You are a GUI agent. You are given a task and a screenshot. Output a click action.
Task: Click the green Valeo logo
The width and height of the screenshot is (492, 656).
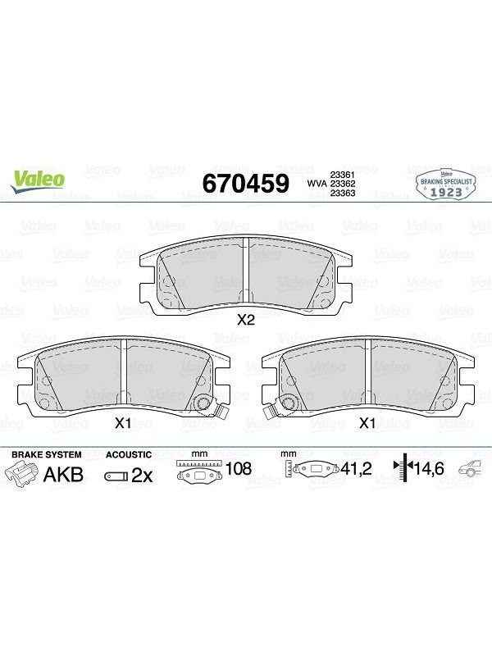[x=38, y=181]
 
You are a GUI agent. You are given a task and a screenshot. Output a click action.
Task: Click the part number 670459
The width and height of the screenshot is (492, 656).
[x=245, y=183]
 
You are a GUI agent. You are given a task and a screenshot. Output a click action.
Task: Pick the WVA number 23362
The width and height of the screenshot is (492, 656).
[x=343, y=184]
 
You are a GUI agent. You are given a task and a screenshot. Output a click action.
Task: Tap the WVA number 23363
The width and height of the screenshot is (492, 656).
[x=343, y=193]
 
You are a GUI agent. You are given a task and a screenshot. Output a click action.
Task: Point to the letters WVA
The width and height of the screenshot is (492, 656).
[x=317, y=184]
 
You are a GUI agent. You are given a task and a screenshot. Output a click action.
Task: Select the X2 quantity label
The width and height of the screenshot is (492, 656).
[x=245, y=321]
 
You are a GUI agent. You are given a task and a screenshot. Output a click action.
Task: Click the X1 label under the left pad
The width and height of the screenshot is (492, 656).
[x=123, y=423]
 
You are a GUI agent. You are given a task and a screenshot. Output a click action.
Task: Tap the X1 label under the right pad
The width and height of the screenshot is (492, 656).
[x=367, y=423]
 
